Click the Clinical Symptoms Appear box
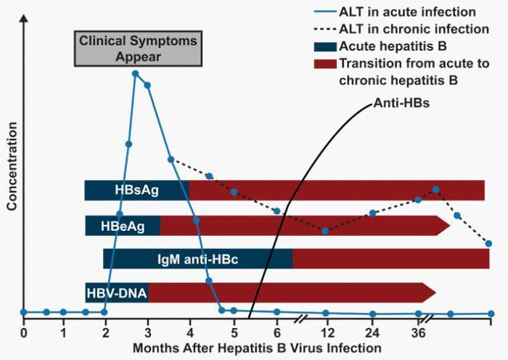click(x=138, y=49)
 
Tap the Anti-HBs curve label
click(x=401, y=103)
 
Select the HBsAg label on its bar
click(x=136, y=190)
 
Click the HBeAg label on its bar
click(x=123, y=226)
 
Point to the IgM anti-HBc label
click(x=197, y=259)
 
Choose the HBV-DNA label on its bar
click(x=117, y=293)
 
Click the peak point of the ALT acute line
click(x=136, y=74)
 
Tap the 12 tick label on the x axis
click(x=327, y=332)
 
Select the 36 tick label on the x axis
click(x=418, y=332)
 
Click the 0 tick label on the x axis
click(x=23, y=332)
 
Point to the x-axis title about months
click(x=257, y=348)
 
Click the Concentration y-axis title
click(x=12, y=166)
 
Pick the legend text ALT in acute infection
click(x=407, y=12)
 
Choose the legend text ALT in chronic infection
click(x=414, y=29)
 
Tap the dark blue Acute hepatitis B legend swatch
click(x=325, y=46)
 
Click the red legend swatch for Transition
click(x=325, y=64)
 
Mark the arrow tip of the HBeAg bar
click(x=450, y=226)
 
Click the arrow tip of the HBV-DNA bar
click(x=435, y=292)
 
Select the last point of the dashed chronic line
click(x=489, y=243)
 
